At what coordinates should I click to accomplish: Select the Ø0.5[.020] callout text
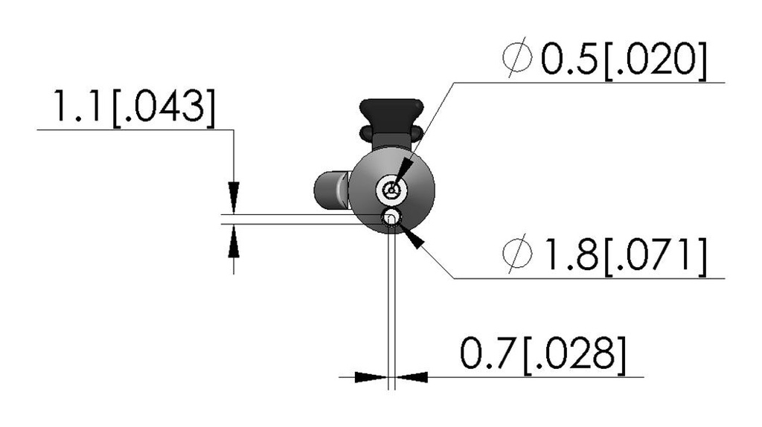click(604, 59)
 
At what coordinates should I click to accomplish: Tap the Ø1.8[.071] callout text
click(604, 254)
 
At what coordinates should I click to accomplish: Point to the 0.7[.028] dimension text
click(542, 353)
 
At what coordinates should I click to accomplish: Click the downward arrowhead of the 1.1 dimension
click(234, 197)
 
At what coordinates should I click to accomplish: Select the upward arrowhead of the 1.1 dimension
click(234, 241)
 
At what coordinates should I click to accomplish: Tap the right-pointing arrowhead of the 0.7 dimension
click(371, 377)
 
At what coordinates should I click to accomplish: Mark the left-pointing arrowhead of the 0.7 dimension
click(412, 377)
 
